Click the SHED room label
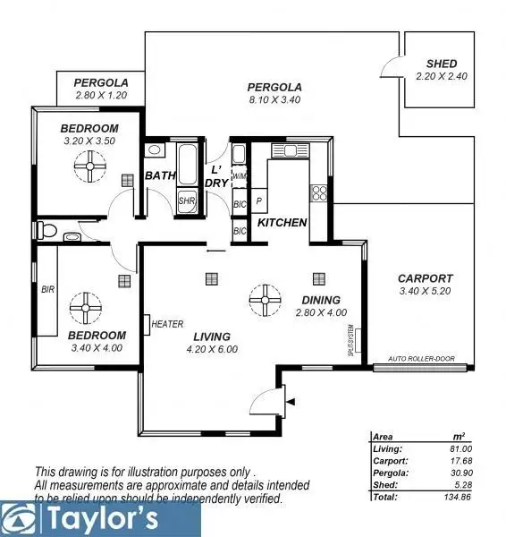(442, 64)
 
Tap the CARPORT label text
(425, 278)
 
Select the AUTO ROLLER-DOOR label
(420, 359)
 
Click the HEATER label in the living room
(168, 324)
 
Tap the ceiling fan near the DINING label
(266, 298)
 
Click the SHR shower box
(187, 200)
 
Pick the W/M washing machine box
(239, 176)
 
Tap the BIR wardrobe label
(47, 290)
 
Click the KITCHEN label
(283, 222)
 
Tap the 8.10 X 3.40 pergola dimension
(275, 100)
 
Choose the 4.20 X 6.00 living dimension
(212, 349)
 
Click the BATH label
(160, 175)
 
